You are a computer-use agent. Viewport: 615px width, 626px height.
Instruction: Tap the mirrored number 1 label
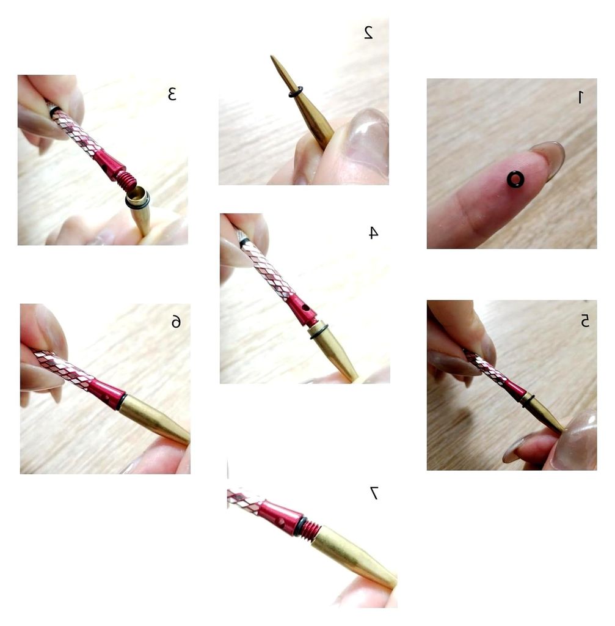(580, 97)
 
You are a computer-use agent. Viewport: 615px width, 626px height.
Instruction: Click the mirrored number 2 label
(368, 32)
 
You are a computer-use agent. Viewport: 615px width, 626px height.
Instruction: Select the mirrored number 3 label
(172, 94)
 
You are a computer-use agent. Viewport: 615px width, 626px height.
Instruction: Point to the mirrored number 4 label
(373, 232)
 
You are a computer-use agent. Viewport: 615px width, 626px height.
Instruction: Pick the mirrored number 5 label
(584, 320)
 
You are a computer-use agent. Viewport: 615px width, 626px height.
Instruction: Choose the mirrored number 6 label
(176, 322)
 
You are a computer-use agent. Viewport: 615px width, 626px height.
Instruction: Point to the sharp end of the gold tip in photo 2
(272, 56)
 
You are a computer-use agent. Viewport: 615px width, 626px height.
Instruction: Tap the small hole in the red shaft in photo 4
(305, 308)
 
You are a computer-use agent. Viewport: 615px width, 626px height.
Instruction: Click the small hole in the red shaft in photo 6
(106, 398)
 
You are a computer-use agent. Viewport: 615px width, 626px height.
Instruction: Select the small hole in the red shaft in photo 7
(282, 521)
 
